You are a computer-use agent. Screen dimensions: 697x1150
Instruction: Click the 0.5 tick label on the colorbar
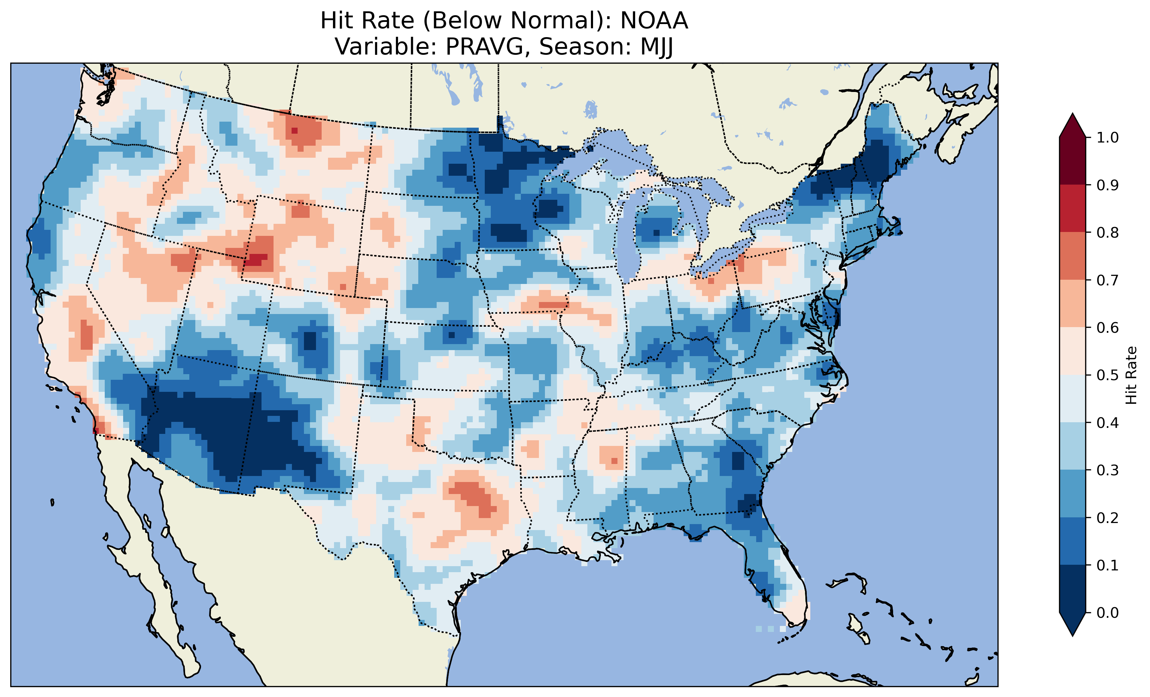click(1108, 375)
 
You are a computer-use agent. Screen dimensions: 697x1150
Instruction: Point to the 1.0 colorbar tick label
click(1108, 138)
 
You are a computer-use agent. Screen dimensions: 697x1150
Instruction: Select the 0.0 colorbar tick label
click(1108, 612)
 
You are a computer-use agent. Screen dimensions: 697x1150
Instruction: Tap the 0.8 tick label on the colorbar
click(1108, 232)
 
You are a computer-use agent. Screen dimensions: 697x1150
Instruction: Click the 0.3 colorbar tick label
click(1108, 470)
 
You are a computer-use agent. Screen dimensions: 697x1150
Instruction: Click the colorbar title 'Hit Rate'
click(1131, 375)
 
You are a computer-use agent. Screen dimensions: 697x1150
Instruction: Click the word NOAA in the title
click(654, 21)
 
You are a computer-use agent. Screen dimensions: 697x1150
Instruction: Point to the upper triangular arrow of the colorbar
click(1073, 125)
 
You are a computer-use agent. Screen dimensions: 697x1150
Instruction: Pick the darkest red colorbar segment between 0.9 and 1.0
click(1073, 161)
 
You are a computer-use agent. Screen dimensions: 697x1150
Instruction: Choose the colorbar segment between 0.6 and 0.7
click(1073, 303)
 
